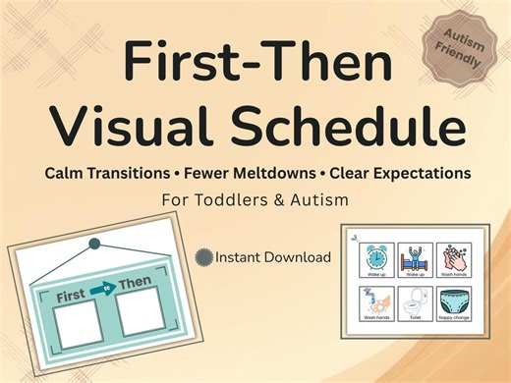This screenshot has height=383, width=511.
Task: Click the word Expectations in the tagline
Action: pos(414,173)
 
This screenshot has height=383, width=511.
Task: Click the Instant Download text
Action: pos(272,258)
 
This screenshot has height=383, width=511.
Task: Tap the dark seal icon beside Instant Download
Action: pos(203,258)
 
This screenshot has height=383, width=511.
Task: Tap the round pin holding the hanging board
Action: pos(94,243)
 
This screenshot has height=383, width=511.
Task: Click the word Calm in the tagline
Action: pos(66,173)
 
